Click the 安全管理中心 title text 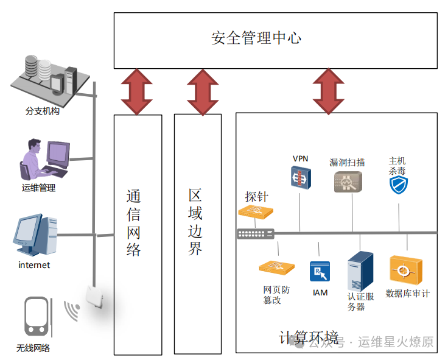pos(256,38)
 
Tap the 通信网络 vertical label pos(134,223)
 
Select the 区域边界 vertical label pos(195,222)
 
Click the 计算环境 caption pos(309,338)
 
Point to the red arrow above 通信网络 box pos(137,91)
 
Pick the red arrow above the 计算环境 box pos(329,91)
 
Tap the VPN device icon pos(300,178)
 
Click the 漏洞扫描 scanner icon pos(348,182)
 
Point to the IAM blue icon pos(320,272)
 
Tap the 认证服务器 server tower pos(360,272)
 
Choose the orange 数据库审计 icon pos(405,270)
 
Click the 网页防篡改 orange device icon pos(276,267)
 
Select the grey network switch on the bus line pos(256,233)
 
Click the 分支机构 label pos(42,111)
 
